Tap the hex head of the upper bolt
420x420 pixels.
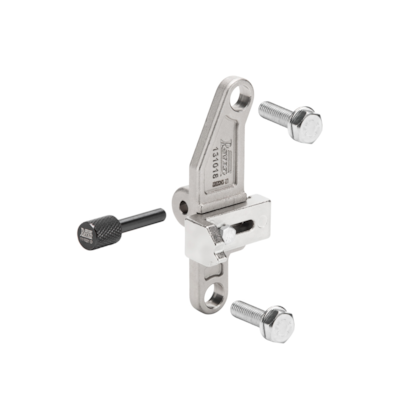[x=307, y=127]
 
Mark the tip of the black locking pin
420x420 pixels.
[x=163, y=212]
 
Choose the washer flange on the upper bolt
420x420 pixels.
[x=293, y=120]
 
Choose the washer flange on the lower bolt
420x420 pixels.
[x=265, y=318]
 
